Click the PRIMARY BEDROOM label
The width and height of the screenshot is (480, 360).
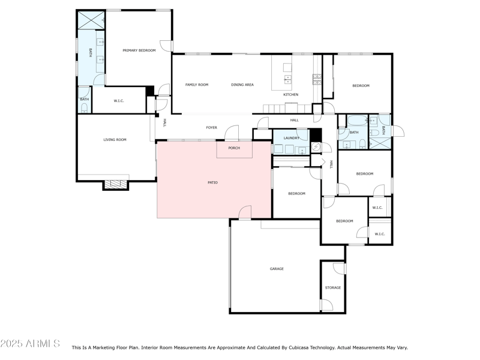coord(139,50)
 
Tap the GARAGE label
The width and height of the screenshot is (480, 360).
coord(277,269)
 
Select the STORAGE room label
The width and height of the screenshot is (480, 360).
coord(333,287)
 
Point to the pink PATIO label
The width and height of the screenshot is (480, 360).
coord(212,182)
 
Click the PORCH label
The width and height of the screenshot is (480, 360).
coord(234,148)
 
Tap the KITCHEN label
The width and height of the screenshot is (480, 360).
coord(290,95)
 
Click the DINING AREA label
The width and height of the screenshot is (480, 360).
coord(242,85)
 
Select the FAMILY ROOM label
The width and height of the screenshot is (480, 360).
coord(196,85)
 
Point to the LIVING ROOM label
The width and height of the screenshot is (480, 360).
coord(115,140)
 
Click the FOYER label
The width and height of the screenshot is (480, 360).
coord(211,127)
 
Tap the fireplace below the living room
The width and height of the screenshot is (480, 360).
coord(116,185)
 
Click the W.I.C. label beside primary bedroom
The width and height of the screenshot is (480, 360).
coord(118,100)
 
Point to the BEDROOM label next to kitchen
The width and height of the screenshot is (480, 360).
coord(361,86)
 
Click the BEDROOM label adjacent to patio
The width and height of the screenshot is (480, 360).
coord(296,193)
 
